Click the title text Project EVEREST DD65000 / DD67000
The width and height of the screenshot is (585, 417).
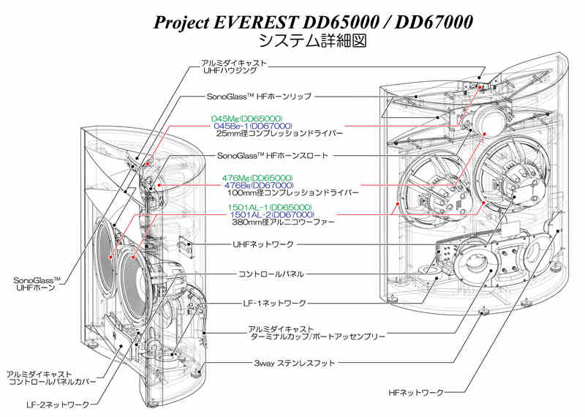click(313, 23)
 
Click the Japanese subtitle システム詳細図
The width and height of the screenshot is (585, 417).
click(313, 41)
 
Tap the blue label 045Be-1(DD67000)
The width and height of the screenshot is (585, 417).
click(253, 126)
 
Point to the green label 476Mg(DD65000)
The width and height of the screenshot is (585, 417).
click(257, 178)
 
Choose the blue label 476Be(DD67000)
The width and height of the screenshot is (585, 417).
click(260, 185)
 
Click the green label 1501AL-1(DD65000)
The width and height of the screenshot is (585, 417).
click(270, 208)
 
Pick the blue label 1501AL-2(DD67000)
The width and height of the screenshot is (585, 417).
click(272, 214)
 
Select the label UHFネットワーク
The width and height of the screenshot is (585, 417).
click(263, 244)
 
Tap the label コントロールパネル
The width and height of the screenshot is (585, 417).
click(271, 274)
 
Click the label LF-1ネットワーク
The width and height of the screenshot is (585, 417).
click(275, 304)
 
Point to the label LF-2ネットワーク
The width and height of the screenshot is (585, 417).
click(58, 405)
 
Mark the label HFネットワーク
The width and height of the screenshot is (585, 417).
click(416, 393)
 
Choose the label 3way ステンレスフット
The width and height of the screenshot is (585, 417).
click(295, 363)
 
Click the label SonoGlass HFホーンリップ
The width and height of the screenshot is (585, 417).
click(259, 97)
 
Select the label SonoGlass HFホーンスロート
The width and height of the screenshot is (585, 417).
click(273, 156)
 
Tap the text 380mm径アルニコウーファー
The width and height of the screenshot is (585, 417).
click(284, 222)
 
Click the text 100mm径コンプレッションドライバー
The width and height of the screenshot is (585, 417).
click(293, 192)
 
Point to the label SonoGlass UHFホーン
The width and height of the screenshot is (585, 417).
click(37, 284)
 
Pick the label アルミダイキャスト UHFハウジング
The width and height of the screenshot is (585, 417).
click(234, 67)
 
